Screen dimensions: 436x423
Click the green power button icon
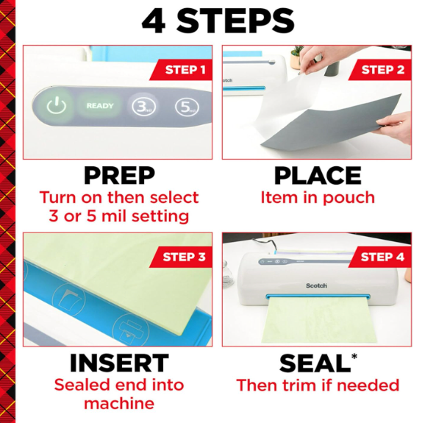[57, 105]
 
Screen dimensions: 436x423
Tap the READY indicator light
[100, 106]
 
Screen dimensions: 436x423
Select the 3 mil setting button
[143, 107]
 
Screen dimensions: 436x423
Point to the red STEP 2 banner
[380, 70]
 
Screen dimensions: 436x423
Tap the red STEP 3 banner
[182, 257]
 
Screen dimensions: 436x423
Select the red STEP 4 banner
[380, 257]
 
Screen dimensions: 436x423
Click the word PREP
[119, 175]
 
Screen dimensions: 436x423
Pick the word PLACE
[318, 175]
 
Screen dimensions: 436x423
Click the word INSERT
[119, 363]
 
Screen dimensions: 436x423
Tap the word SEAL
[315, 363]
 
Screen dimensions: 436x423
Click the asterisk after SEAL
[354, 357]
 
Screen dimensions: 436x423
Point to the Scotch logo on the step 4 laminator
[316, 285]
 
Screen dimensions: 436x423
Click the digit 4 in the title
[154, 21]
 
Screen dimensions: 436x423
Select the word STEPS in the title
[235, 21]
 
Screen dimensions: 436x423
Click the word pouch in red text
[349, 198]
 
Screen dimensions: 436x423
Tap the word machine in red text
[119, 404]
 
